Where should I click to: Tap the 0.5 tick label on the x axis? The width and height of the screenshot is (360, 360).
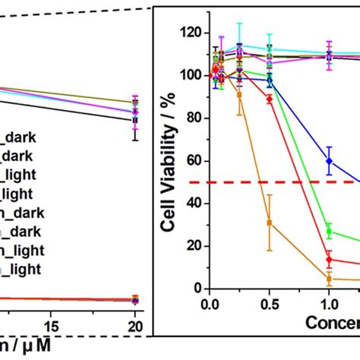pos(269,303)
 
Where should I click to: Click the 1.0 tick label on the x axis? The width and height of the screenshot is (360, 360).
pos(329,303)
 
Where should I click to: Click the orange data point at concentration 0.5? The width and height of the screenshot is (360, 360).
pos(269,223)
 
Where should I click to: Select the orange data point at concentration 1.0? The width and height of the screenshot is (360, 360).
pos(329,279)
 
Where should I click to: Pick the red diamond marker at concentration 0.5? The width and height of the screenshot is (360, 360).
pos(269,99)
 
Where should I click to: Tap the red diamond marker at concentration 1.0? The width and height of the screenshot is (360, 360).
pos(329,259)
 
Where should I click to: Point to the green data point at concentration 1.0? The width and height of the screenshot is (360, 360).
pos(329,231)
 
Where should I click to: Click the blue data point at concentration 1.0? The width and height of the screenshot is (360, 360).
pos(329,161)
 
